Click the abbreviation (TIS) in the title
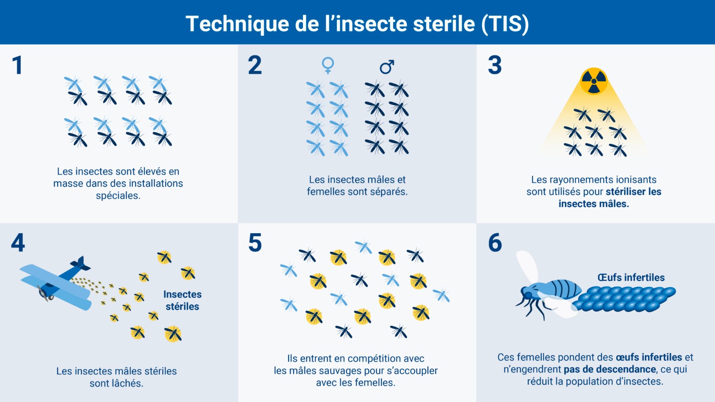tap(505, 24)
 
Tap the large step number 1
tap(17, 65)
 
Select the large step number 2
tap(255, 65)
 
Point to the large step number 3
tap(495, 65)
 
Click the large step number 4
tap(18, 243)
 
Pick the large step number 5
tap(255, 243)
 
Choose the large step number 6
tap(495, 243)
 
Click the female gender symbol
tap(328, 65)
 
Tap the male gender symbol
tap(387, 67)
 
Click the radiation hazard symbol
tap(594, 81)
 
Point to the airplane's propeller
tap(43, 293)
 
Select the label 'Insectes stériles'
tap(182, 300)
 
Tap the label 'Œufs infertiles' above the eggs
tap(631, 277)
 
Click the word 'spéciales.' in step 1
tap(118, 195)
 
